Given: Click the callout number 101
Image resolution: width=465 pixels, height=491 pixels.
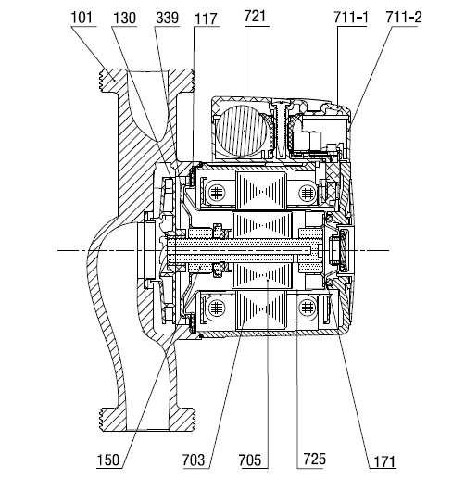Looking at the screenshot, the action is tap(82, 18).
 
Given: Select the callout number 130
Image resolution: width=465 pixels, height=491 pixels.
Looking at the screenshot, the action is tap(124, 18).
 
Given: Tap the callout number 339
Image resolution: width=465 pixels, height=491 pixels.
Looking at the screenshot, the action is tap(168, 18).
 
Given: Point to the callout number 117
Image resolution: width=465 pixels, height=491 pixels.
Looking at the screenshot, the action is tap(206, 19).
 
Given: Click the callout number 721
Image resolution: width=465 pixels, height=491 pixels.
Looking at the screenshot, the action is tap(255, 17).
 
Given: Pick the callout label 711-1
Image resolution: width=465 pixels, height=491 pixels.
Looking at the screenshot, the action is tap(351, 18).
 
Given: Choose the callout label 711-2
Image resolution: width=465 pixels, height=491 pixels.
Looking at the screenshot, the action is tap(404, 17).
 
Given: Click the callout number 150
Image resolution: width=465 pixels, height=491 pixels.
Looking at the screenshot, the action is tap(108, 460).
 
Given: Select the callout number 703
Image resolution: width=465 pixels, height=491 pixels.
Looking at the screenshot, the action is tap(194, 460).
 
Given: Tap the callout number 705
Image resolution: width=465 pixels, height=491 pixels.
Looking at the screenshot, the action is tap(250, 460).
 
